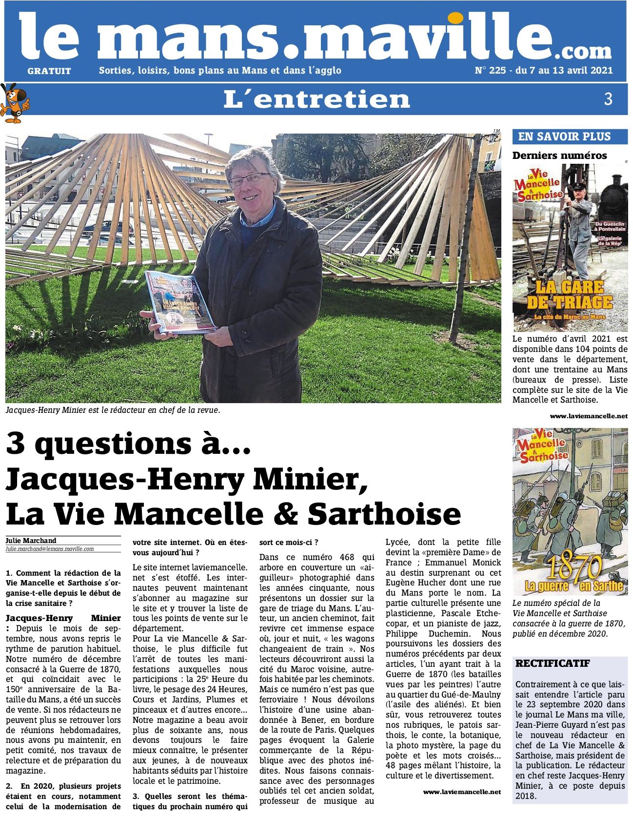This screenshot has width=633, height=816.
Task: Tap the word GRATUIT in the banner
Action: coord(49,71)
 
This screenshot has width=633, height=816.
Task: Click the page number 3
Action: coord(608,99)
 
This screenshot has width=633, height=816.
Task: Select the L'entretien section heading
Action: coord(316,99)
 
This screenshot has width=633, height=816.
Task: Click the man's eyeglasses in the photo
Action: coord(249,179)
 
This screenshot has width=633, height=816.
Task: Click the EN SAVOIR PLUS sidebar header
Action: coord(564,136)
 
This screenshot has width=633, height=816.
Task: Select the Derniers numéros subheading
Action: coord(559,155)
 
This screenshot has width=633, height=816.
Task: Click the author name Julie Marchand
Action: coord(31,541)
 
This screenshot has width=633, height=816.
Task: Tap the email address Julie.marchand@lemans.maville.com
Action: coord(50,549)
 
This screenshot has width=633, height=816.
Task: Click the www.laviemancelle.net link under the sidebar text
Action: coord(589,416)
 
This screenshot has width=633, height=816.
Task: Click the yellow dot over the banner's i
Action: coord(456,18)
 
